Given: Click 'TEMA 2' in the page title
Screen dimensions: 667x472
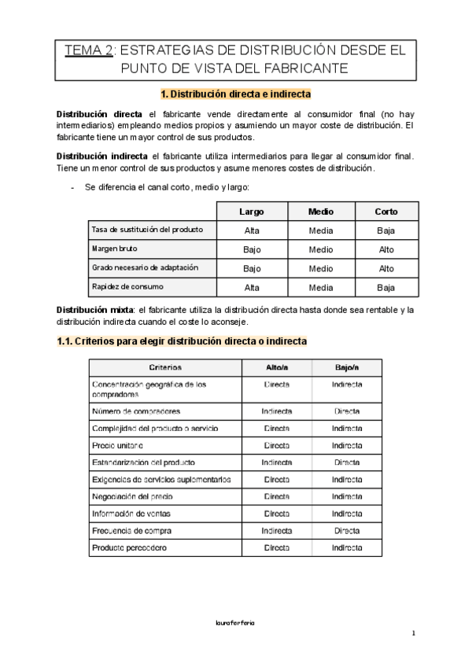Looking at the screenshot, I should (89, 51).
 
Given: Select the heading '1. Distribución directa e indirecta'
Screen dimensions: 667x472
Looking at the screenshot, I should (236, 94).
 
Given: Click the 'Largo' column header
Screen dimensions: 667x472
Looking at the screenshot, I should (252, 212).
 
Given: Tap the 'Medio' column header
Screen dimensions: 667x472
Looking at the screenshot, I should (320, 212).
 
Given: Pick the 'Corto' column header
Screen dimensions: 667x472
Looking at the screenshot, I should (386, 212).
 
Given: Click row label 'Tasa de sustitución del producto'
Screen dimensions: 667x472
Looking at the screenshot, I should (148, 230).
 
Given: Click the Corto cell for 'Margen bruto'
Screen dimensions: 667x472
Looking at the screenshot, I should (386, 249).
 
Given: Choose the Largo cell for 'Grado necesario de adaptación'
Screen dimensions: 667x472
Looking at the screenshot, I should (252, 268).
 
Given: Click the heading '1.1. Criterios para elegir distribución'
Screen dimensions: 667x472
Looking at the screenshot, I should (183, 341).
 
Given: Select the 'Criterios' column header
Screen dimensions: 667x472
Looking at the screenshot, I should (165, 367).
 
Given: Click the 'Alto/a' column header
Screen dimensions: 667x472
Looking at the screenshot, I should (277, 367).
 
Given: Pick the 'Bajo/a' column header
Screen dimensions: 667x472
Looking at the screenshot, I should (347, 367).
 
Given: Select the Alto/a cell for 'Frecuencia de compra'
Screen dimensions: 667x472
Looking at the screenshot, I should (277, 530).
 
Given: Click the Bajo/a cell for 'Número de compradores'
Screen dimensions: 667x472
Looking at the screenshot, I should (347, 411).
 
